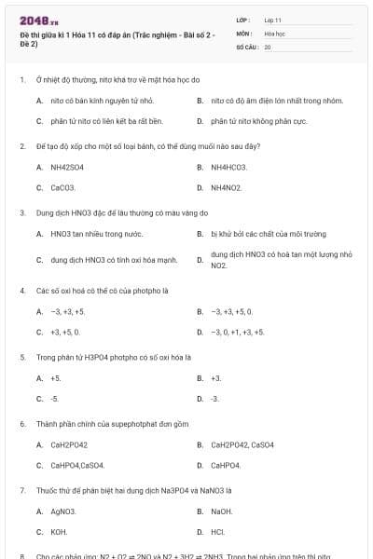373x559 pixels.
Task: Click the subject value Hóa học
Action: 274,33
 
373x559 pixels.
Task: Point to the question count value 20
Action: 268,46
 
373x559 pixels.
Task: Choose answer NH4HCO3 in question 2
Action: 228,168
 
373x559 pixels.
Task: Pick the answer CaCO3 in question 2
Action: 62,187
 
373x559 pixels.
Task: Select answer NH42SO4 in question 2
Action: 67,168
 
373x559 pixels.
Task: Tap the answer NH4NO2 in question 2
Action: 227,187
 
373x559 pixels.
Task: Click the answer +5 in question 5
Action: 56,378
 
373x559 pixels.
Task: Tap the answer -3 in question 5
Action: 215,399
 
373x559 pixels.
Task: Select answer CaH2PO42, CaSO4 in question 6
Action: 242,444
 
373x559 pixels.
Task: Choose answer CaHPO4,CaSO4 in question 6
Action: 77,465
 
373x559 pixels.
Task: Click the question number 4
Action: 21,291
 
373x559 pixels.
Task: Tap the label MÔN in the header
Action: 243,33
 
